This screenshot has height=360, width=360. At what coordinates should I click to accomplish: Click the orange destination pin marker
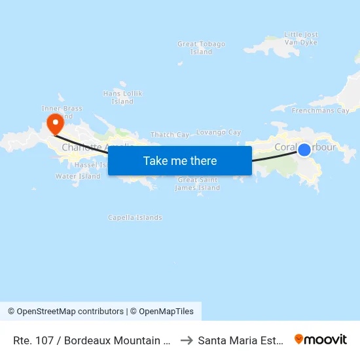click(55, 122)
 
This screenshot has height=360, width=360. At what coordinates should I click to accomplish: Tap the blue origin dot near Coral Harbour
click(304, 150)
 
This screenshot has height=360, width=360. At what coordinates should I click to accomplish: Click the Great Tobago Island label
click(201, 48)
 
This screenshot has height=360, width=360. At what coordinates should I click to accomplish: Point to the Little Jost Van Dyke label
click(301, 38)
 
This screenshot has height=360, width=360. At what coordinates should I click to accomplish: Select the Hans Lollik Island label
click(122, 98)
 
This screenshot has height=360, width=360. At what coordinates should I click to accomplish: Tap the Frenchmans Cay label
click(320, 111)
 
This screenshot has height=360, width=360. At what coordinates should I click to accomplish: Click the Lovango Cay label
click(219, 132)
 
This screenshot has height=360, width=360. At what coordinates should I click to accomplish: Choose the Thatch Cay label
click(170, 135)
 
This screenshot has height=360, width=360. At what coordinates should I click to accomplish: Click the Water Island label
click(78, 176)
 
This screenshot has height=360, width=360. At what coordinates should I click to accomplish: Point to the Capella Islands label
click(135, 217)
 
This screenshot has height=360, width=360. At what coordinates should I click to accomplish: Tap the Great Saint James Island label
click(198, 184)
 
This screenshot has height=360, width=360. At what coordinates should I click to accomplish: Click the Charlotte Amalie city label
click(85, 148)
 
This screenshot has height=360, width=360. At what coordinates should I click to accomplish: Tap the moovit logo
click(321, 339)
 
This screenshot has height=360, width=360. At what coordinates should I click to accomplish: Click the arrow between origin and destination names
click(186, 340)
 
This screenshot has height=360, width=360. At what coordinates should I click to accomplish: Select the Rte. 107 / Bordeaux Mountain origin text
click(92, 340)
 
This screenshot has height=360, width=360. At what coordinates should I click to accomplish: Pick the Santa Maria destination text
click(241, 340)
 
